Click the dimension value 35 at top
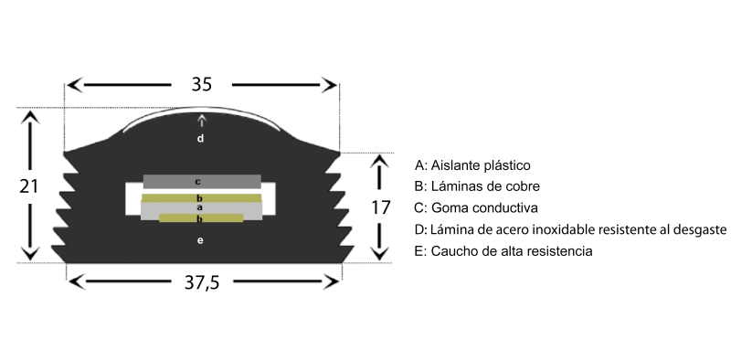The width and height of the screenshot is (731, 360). point(201,84)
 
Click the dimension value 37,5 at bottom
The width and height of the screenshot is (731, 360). point(201,282)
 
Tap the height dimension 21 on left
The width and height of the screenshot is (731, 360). point(28,186)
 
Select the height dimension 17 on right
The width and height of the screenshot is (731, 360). point(380,207)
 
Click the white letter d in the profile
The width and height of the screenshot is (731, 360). point(200,138)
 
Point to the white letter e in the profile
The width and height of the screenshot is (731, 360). point(200,240)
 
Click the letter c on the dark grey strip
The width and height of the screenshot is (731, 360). point(197,182)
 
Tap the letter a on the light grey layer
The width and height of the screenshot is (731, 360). point(200,207)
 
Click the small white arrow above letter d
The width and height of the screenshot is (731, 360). point(201,121)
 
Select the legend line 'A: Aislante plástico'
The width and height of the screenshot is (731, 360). point(472,165)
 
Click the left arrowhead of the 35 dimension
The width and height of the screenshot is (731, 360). point(75,85)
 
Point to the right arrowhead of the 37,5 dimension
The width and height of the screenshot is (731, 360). point(331,281)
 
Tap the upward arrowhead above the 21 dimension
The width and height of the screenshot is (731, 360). point(30,117)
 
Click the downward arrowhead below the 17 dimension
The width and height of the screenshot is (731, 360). point(380,253)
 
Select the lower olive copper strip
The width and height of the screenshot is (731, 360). point(201,217)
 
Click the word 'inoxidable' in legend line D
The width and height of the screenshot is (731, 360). point(563,229)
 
